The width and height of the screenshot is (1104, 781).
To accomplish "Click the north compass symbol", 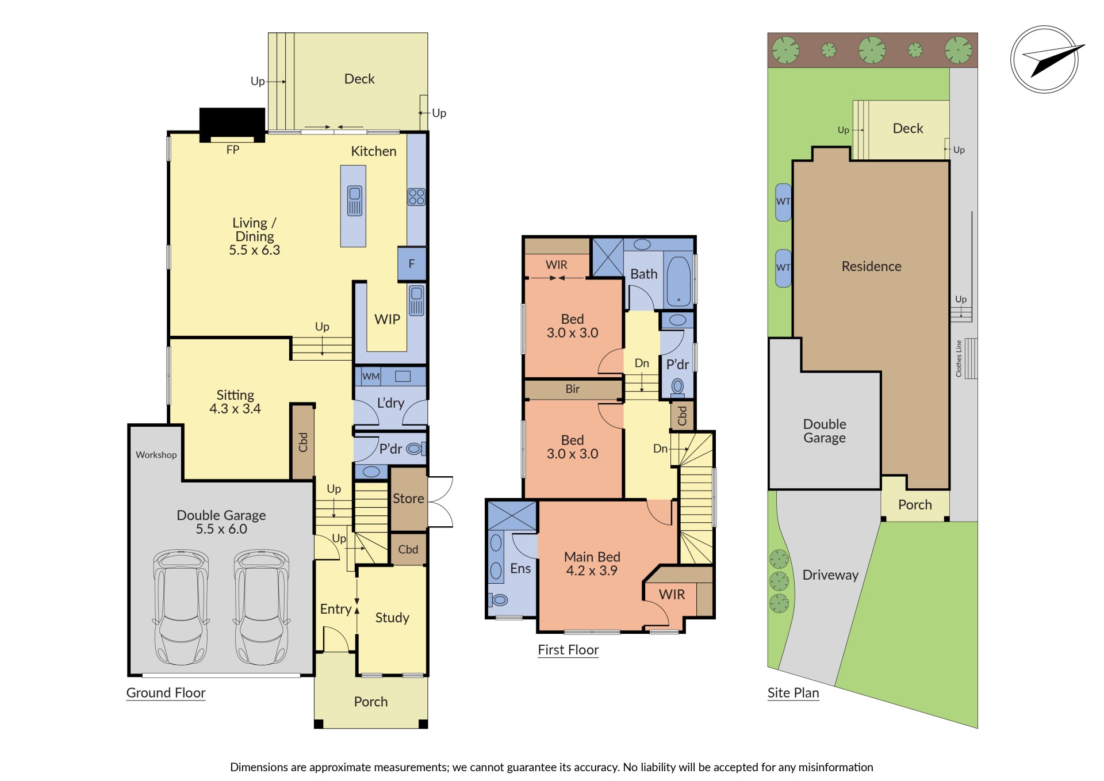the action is (1045, 59).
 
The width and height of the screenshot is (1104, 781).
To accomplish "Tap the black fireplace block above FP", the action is (232, 123).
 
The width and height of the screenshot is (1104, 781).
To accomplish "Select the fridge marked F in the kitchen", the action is (412, 264).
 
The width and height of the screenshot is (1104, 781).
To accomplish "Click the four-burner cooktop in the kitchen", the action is (416, 197).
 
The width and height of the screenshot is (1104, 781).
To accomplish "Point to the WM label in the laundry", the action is (371, 377).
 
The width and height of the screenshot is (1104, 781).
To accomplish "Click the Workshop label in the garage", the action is (156, 455).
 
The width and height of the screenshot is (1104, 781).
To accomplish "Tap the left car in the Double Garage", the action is (181, 607).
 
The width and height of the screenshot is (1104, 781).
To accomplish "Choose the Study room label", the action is (392, 618).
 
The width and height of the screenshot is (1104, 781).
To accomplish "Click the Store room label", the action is (408, 499).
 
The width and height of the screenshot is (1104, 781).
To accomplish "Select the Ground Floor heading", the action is (166, 693).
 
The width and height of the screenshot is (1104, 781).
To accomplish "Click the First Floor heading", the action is (568, 650).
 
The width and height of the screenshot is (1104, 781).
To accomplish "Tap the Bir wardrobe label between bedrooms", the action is (573, 389).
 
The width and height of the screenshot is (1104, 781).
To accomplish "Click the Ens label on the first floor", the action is (520, 569).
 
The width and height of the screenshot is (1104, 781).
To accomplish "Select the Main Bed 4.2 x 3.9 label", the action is (592, 564).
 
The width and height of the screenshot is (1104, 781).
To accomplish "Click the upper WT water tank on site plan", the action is (783, 202).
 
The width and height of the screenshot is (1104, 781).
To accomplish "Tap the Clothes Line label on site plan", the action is (959, 358).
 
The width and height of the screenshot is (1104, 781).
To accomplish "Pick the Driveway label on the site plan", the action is (830, 575).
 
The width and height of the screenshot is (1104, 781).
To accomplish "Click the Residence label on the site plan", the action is (872, 266).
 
